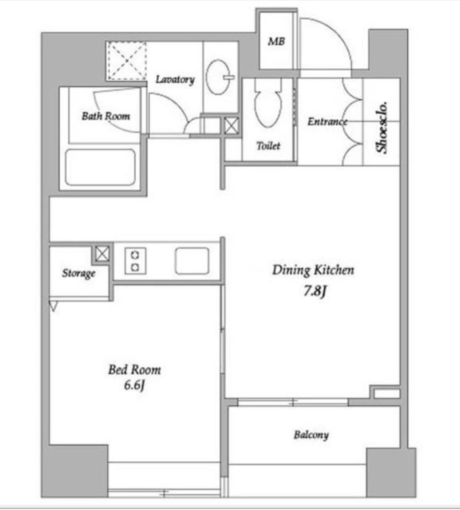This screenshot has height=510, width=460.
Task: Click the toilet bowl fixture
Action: point(268,104)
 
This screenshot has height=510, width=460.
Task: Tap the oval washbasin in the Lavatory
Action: point(218,77)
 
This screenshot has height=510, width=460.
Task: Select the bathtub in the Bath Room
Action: point(100,167)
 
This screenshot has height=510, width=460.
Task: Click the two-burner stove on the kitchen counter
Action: point(135,261)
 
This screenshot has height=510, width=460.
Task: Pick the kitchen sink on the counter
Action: point(192,261)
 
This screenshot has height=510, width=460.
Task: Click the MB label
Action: point(276,41)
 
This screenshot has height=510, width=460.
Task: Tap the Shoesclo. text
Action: point(382,127)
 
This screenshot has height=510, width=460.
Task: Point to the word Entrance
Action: point(327,121)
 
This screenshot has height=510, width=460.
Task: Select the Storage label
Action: point(79,273)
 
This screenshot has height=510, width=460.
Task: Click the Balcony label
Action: point(311,435)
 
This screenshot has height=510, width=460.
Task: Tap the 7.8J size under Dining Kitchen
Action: point(315,291)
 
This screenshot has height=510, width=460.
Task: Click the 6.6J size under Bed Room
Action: point(135,385)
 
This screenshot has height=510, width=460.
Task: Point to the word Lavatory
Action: point(175,79)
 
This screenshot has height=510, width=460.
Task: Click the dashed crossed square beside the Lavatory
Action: point(127,60)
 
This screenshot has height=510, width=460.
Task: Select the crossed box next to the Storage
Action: point(102,253)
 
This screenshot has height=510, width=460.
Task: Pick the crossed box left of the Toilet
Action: point(232,126)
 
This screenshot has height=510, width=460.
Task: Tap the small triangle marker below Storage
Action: point(53,307)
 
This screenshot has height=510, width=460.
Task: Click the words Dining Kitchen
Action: point(313,270)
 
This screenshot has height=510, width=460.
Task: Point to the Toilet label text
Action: point(268,146)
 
